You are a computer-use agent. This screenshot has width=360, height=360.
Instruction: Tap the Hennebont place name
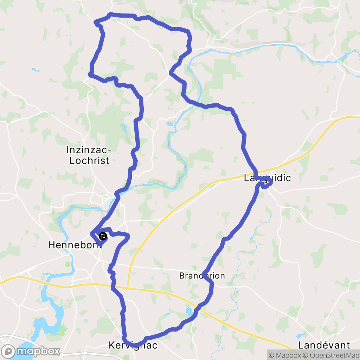click(75, 245)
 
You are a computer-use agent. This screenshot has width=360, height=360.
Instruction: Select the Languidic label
click(268, 178)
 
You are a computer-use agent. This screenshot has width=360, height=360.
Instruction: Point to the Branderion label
click(202, 276)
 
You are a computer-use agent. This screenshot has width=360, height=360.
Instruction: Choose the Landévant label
click(324, 345)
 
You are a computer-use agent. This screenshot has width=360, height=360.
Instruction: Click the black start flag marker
click(103, 236)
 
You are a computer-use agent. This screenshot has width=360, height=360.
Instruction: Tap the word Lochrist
click(89, 161)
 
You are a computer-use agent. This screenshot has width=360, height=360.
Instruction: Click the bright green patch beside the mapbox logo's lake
click(63, 330)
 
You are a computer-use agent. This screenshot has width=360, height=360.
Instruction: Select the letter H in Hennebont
click(51, 245)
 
